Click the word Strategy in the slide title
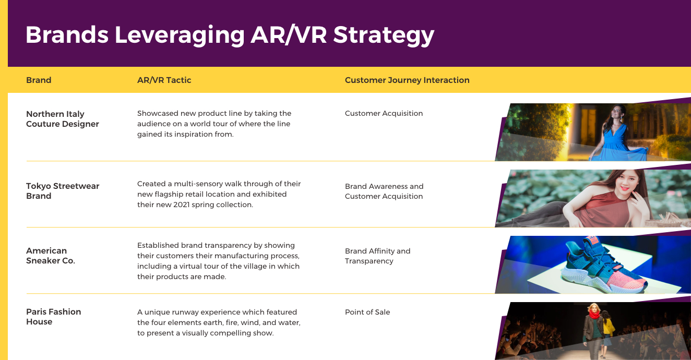pos(384,35)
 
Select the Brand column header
pos(39,80)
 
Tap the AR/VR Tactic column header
pos(164,80)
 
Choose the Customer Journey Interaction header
pos(407,80)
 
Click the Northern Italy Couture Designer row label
pos(63,119)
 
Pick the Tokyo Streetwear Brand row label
pos(63,191)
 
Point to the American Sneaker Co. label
pos(51,256)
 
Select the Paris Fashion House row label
pos(54,317)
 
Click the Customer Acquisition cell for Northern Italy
pos(384,114)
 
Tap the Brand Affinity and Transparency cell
pos(377,256)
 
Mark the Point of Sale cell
pos(367,312)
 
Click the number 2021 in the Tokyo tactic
pos(182,205)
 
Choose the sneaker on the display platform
pos(604,266)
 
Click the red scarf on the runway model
pos(594,315)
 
